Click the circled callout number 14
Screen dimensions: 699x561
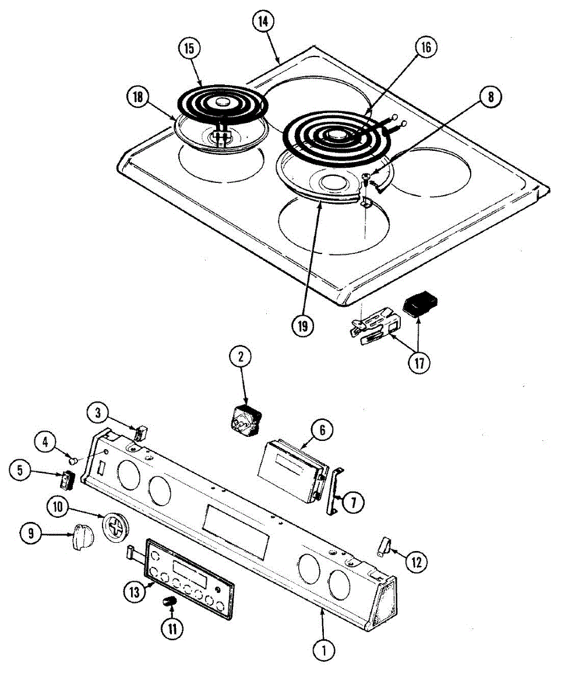263,21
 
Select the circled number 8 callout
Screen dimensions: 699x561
491,97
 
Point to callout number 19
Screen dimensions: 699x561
302,326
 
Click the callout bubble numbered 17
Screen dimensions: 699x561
419,363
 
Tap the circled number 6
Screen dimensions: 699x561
322,431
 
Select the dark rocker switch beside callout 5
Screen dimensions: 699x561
66,479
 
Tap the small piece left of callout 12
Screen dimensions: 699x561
383,547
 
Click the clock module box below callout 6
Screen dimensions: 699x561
292,468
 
